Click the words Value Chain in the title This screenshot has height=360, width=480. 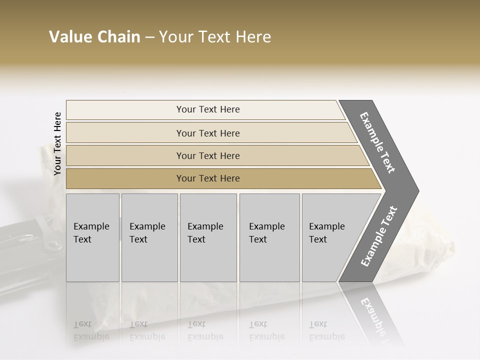click(x=94, y=37)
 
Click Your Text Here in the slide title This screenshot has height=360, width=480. click(x=215, y=37)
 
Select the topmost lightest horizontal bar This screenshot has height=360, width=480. click(x=207, y=109)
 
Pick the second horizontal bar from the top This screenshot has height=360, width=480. click(x=207, y=133)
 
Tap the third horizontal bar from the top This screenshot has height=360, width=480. click(x=207, y=155)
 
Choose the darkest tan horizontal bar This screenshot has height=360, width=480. click(x=207, y=178)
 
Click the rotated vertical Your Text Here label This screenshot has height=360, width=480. click(x=57, y=143)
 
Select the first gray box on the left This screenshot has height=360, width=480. click(x=92, y=237)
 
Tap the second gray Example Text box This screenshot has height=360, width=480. click(x=149, y=237)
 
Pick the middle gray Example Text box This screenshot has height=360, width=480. click(x=208, y=237)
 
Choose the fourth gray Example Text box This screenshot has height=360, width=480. click(x=269, y=237)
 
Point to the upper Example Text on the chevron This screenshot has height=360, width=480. click(x=377, y=142)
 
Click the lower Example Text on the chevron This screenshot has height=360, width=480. click(x=378, y=236)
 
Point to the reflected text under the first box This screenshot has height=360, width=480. click(x=91, y=330)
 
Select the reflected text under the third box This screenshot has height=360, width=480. click(x=205, y=330)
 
